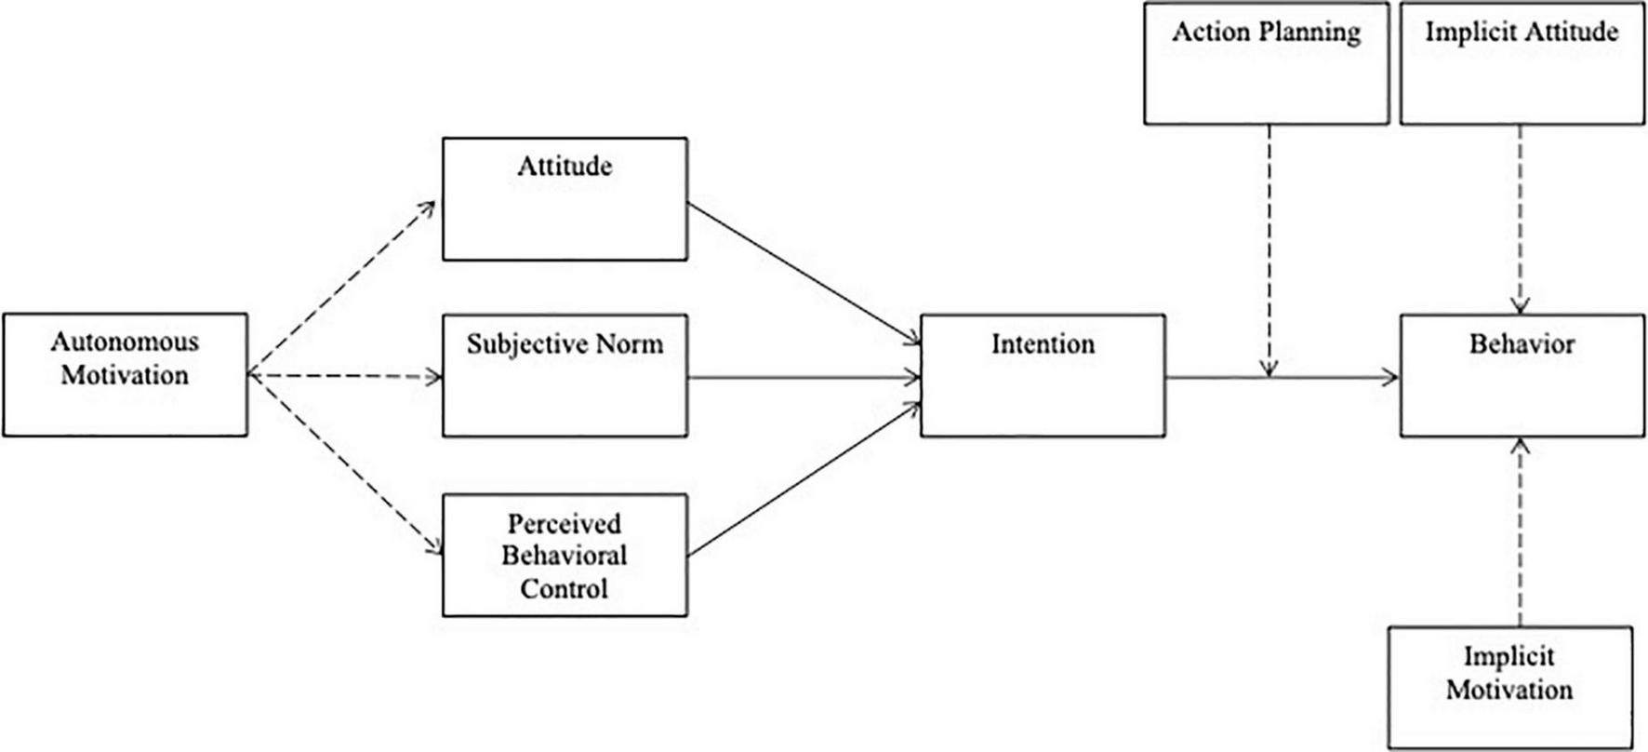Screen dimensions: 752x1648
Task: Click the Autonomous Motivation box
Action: tap(126, 374)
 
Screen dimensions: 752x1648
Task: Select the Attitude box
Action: tap(565, 199)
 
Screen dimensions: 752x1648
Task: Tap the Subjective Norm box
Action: tap(565, 375)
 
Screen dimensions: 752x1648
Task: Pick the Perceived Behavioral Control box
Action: tap(565, 555)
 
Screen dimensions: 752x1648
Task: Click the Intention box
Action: tap(1043, 375)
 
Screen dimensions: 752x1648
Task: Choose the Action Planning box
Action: tap(1266, 63)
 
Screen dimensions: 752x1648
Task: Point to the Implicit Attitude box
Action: tap(1521, 63)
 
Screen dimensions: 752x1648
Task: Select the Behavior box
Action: tap(1521, 375)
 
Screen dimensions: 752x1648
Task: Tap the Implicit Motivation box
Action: tap(1509, 687)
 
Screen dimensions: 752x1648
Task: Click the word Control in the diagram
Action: tap(564, 588)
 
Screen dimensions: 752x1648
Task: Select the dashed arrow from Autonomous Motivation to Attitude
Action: tap(342, 288)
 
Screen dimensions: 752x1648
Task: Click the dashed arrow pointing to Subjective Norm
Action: tap(344, 377)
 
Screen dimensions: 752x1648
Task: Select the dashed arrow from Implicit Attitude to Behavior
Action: tap(1521, 219)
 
